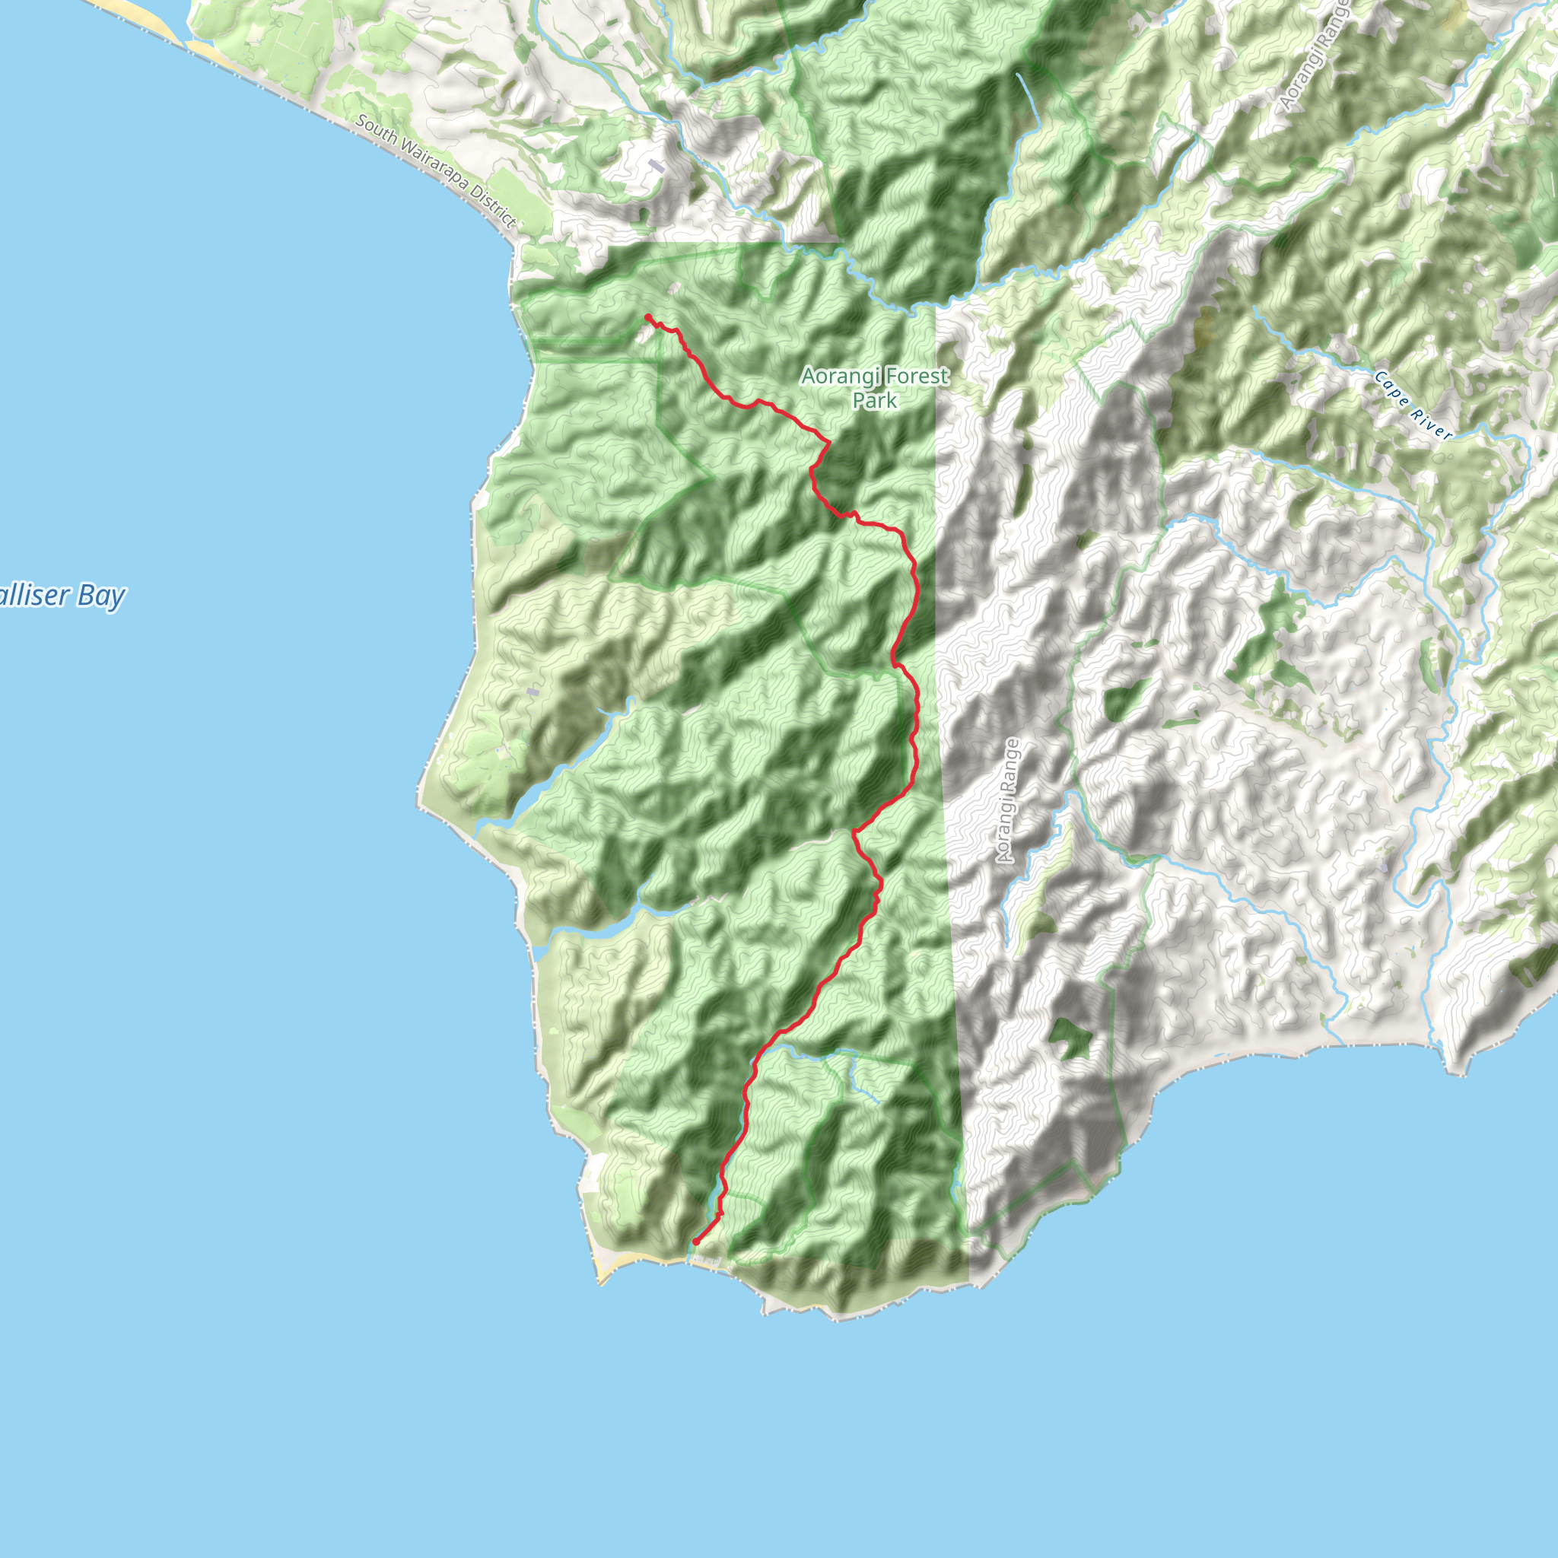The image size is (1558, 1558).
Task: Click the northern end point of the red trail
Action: point(647,317)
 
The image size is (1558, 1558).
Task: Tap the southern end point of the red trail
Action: point(695,1242)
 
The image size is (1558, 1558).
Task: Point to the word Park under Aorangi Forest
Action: point(875,400)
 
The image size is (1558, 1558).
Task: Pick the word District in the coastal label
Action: point(494,206)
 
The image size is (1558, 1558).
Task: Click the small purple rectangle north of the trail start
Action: point(657,166)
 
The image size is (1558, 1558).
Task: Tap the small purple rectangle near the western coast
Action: point(532,692)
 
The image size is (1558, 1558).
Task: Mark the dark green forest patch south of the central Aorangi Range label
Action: point(1070,1038)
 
